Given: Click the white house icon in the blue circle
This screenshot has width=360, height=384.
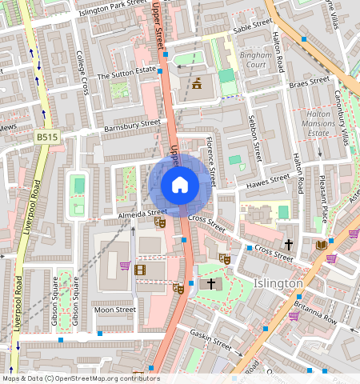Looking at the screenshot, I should click(180, 185).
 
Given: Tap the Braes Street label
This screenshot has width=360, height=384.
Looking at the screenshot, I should click(309, 82).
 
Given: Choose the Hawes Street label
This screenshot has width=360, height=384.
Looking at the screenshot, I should click(268, 181).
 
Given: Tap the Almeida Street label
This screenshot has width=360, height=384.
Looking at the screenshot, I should click(124, 214).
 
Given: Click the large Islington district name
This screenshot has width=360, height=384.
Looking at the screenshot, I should click(278, 283).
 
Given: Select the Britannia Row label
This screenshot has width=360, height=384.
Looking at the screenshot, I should click(315, 313).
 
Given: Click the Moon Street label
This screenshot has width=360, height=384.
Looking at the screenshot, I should click(114, 309).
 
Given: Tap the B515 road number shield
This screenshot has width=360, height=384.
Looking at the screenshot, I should click(46, 138).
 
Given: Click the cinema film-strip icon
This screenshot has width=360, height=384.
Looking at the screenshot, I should click(141, 270).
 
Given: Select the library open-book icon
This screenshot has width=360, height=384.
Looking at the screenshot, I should click(322, 245).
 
